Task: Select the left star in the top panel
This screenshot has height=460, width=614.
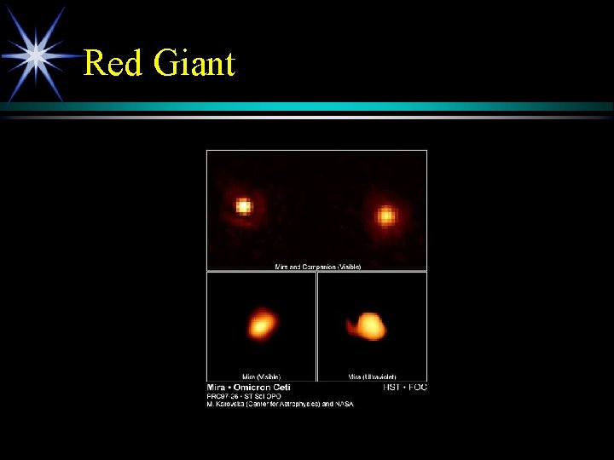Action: coord(244,206)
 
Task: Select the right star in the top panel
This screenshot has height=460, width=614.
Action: coord(386,216)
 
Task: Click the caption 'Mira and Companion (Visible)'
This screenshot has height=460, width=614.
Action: coord(317,267)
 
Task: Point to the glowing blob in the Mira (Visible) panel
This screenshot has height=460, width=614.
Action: coord(262,324)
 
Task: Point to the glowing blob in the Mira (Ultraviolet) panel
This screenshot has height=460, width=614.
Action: coord(369,325)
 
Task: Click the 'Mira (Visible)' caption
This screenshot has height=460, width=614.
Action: coord(261,377)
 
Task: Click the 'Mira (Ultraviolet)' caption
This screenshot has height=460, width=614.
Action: coord(372,377)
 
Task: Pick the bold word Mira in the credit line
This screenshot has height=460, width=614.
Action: coord(217,388)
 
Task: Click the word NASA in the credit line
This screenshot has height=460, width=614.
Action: coord(344,404)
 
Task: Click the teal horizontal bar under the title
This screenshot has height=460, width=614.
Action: coord(341,106)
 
